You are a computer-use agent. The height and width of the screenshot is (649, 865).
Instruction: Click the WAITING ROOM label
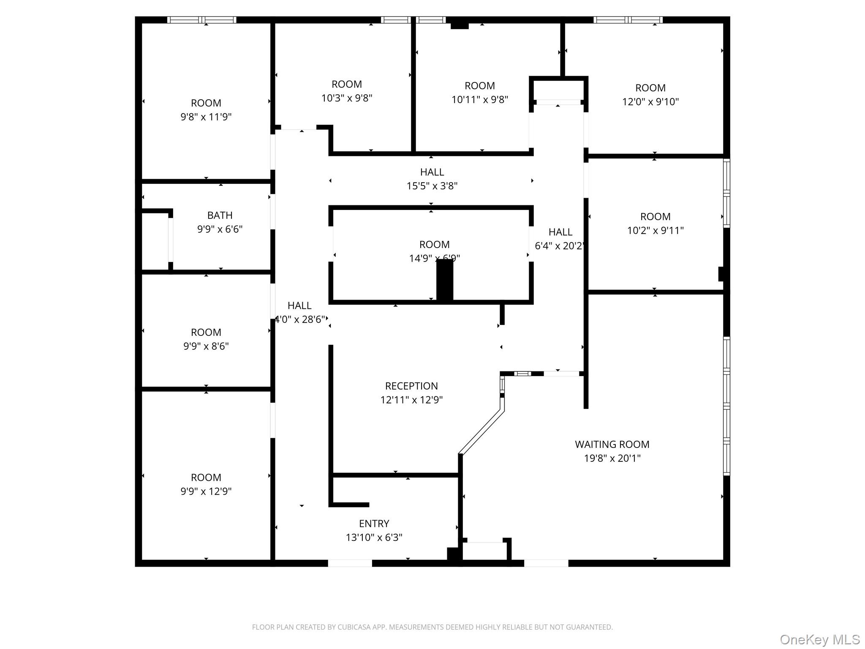tap(612, 444)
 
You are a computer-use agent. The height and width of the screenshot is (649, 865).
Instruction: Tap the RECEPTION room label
tap(411, 386)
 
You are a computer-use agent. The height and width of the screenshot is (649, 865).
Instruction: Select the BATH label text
tap(220, 215)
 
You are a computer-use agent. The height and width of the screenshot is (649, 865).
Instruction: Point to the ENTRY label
tap(374, 524)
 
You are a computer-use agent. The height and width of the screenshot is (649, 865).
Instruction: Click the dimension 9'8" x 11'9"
tap(206, 117)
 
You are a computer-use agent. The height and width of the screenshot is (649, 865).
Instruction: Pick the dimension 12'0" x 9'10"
tap(650, 102)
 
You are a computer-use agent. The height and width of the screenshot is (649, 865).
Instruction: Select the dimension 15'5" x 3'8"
tap(432, 186)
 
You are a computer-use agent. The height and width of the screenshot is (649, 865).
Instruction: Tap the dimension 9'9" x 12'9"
tap(206, 491)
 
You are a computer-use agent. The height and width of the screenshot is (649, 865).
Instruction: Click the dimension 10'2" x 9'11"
tap(655, 231)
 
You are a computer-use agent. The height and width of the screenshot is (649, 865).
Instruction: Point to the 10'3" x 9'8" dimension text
tap(346, 98)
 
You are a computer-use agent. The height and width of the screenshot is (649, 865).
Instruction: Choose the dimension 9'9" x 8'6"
tap(206, 346)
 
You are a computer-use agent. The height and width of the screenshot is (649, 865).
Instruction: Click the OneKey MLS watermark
tap(819, 639)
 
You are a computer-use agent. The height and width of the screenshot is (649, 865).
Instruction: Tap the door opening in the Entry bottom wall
tap(350, 563)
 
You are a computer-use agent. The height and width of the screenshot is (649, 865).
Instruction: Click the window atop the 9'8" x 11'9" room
tap(202, 20)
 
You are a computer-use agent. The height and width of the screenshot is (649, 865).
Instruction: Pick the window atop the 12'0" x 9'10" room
tap(628, 20)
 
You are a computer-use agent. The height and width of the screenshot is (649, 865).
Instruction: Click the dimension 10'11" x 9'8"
tap(479, 100)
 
